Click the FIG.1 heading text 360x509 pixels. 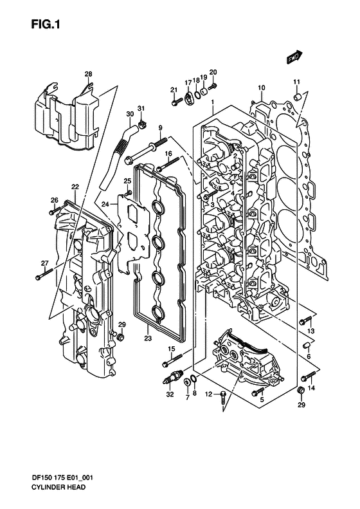point(46,24)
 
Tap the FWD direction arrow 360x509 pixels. point(294,57)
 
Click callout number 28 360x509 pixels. point(88,74)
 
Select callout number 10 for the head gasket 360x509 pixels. point(262,88)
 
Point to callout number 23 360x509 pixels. point(148,338)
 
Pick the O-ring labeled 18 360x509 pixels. point(197,95)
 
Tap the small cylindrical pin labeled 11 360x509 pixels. point(298,97)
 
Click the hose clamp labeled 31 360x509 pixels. point(142,124)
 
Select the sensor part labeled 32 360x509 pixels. point(172,377)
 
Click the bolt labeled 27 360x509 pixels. point(44,274)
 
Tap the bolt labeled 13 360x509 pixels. point(305,320)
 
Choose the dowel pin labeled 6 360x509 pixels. point(307,345)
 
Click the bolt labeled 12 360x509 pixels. point(224,397)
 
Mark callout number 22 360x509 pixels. point(75,187)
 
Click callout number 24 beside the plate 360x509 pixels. point(105,204)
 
